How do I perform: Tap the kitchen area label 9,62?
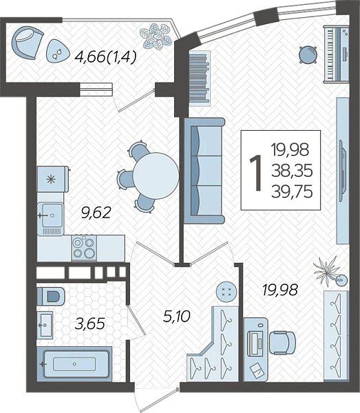click(96, 213)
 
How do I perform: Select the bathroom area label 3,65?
click(90, 324)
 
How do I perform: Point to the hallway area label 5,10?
click(177, 316)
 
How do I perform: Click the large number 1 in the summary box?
click(255, 172)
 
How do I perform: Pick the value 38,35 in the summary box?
click(292, 171)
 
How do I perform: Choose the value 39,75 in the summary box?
click(292, 191)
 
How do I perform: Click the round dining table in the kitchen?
click(156, 176)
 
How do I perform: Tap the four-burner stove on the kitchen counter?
click(84, 248)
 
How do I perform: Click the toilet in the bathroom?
click(51, 296)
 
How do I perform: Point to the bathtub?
click(74, 364)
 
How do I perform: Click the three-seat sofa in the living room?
click(204, 171)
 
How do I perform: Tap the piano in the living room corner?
click(336, 54)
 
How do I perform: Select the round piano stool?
click(308, 55)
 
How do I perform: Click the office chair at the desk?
click(282, 343)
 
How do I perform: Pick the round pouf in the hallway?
click(226, 292)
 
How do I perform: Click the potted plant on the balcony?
click(156, 36)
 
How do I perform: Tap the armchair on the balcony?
click(27, 43)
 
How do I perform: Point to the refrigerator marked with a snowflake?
click(53, 179)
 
